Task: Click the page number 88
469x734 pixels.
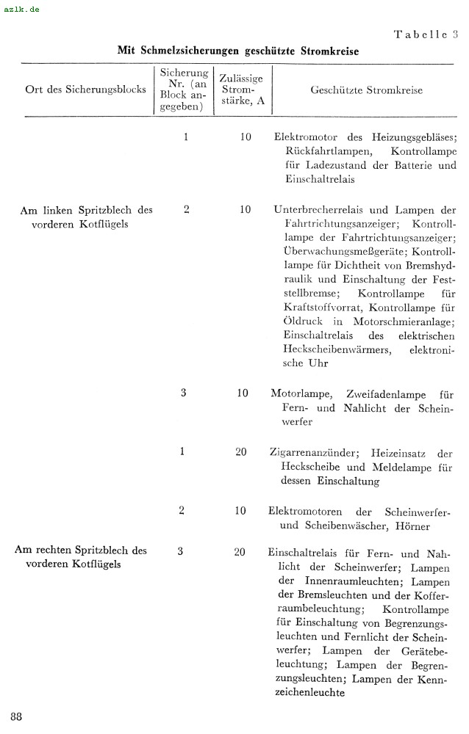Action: (x=16, y=716)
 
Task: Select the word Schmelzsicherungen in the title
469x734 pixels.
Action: (x=194, y=51)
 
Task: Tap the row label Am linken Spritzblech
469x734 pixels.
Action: (x=86, y=210)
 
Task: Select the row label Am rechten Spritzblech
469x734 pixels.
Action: (x=81, y=550)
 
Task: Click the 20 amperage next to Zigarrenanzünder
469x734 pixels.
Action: (x=241, y=452)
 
